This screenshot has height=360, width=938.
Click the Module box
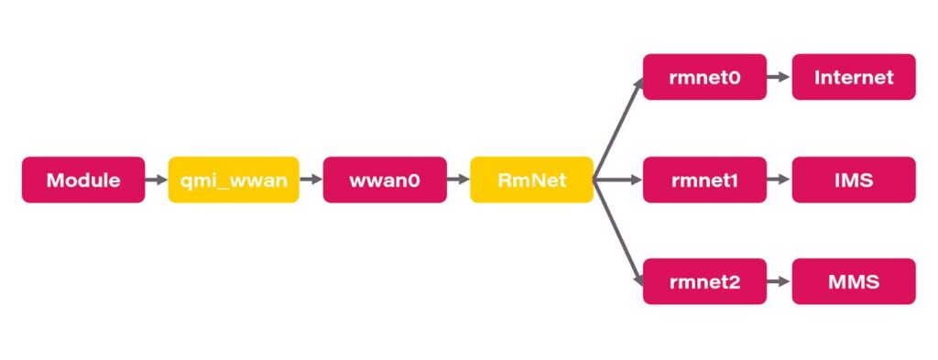(x=83, y=180)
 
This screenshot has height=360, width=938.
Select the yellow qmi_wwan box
(x=234, y=180)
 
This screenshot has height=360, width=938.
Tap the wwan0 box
(x=385, y=180)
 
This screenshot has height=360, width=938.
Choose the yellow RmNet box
(x=532, y=180)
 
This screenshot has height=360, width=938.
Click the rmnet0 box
(x=704, y=77)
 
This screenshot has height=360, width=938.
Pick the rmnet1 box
(x=704, y=180)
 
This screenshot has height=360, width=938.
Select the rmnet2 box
(x=704, y=281)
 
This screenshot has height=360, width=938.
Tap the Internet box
(x=854, y=77)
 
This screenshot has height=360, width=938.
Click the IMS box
(x=854, y=180)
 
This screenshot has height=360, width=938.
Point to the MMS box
(x=854, y=281)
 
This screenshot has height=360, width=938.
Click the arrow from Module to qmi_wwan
(x=157, y=180)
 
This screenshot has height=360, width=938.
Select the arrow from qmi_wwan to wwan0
(x=311, y=180)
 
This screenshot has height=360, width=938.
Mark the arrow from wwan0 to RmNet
(x=458, y=180)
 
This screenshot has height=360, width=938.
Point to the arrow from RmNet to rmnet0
(x=618, y=128)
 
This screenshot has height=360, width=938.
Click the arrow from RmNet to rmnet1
(x=618, y=180)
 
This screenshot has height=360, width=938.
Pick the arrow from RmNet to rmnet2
(x=618, y=231)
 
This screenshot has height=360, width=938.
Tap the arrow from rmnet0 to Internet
(x=780, y=77)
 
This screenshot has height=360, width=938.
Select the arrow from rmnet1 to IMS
(x=780, y=180)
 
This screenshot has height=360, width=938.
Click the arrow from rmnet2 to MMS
(x=780, y=281)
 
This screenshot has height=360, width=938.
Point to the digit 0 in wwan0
(x=413, y=180)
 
